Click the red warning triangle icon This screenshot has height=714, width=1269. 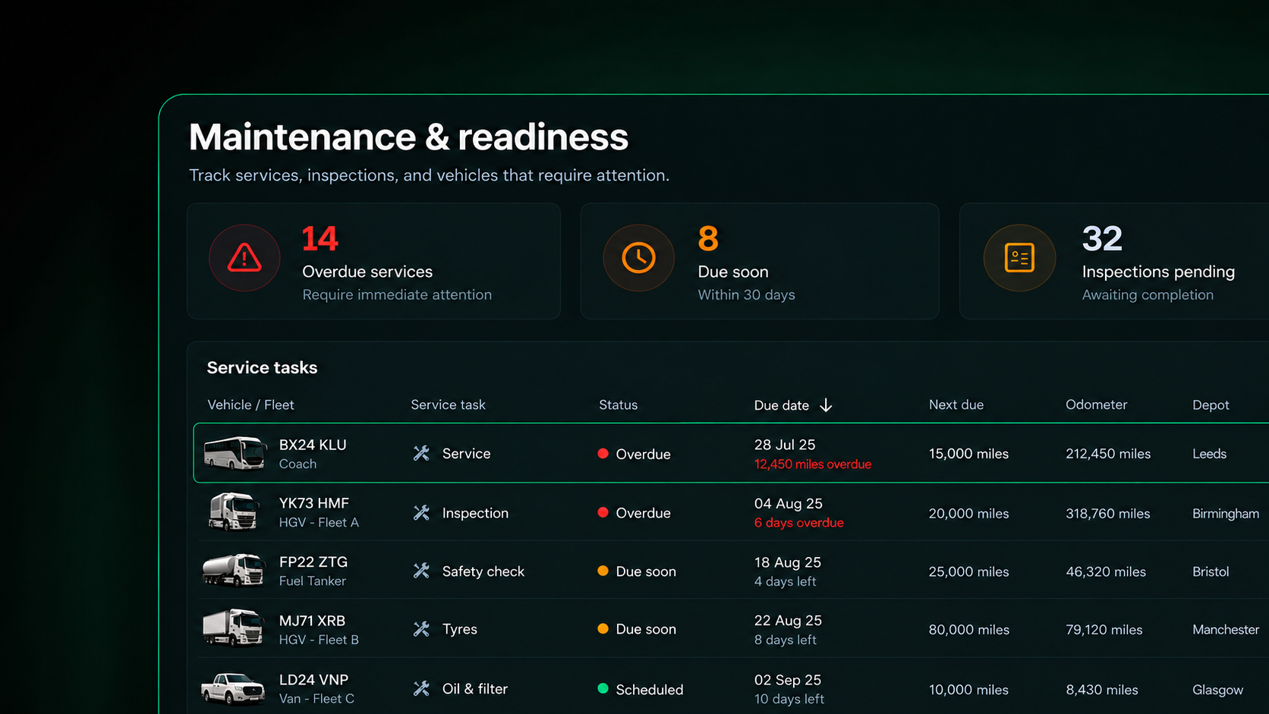[x=244, y=258]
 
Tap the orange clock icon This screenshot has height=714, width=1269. [x=638, y=258]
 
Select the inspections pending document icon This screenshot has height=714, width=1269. [x=1019, y=258]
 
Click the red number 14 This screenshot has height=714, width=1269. [x=320, y=238]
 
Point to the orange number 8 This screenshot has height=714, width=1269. [x=707, y=238]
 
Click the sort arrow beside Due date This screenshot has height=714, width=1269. [x=826, y=405]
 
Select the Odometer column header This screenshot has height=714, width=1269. [x=1096, y=404]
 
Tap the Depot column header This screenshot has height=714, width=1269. [x=1211, y=405]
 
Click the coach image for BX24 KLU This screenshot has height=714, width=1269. [x=234, y=453]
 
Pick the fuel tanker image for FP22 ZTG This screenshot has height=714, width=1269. [x=233, y=570]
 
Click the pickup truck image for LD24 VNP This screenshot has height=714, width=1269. [x=232, y=689]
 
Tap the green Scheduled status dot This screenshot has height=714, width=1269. [x=603, y=688]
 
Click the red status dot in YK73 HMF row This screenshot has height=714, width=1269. [x=603, y=512]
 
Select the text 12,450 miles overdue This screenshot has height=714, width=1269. [x=812, y=464]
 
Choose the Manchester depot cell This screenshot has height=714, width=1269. [x=1226, y=630]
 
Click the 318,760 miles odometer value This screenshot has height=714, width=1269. [x=1107, y=514]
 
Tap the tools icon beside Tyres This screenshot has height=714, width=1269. [x=421, y=629]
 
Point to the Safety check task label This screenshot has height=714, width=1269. [x=483, y=571]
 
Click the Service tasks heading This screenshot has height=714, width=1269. [x=262, y=367]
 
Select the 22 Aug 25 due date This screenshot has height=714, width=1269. [x=788, y=621]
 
